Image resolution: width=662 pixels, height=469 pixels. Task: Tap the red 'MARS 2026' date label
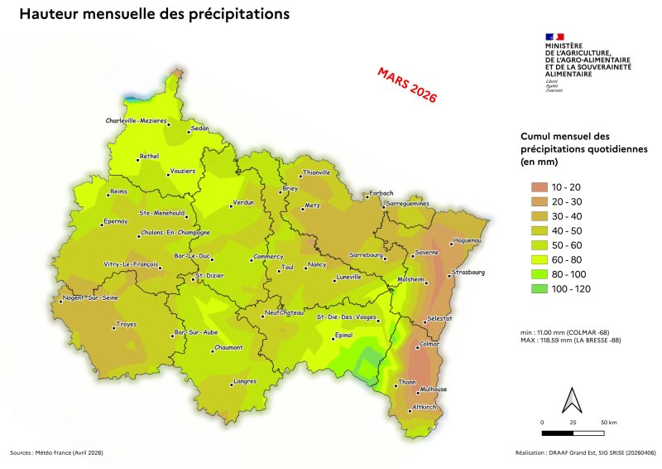(x=406, y=84)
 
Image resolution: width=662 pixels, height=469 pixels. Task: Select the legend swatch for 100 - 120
(x=532, y=288)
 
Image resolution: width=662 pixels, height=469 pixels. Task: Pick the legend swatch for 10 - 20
(x=532, y=186)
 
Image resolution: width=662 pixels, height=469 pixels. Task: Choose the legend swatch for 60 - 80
(x=532, y=259)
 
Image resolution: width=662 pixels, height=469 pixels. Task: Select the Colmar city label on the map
(x=429, y=343)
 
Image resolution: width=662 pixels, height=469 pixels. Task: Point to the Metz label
(x=312, y=205)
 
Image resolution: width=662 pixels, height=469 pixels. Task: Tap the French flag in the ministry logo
(x=554, y=36)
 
